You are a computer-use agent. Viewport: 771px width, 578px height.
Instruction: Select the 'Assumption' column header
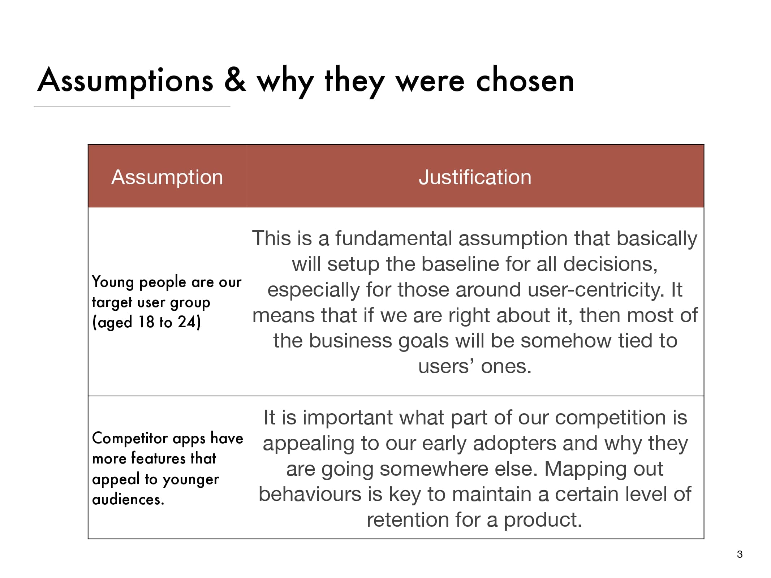[167, 177]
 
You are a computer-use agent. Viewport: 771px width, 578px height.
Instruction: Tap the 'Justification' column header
[475, 177]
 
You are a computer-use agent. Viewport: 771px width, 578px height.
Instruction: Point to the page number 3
[740, 554]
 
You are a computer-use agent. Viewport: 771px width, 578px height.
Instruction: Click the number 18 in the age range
[146, 322]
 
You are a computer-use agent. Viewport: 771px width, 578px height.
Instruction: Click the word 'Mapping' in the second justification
[583, 469]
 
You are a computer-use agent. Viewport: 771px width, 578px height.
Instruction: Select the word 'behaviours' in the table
[310, 494]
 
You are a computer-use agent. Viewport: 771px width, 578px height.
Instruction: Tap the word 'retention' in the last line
[408, 520]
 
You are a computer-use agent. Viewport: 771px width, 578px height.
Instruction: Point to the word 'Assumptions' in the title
[125, 80]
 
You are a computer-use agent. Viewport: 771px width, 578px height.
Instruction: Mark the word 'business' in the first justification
[350, 341]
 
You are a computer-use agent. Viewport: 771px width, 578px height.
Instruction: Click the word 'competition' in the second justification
[611, 418]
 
